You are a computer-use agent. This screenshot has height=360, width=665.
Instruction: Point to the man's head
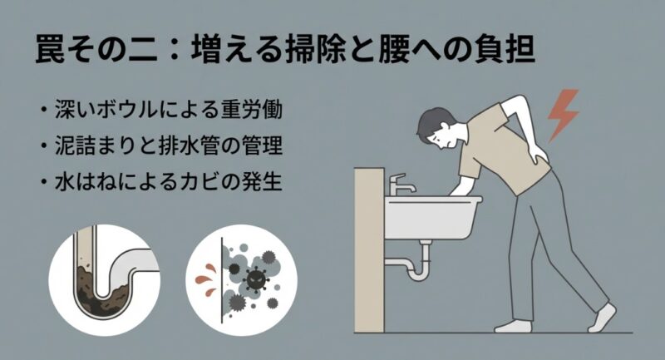(439, 126)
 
